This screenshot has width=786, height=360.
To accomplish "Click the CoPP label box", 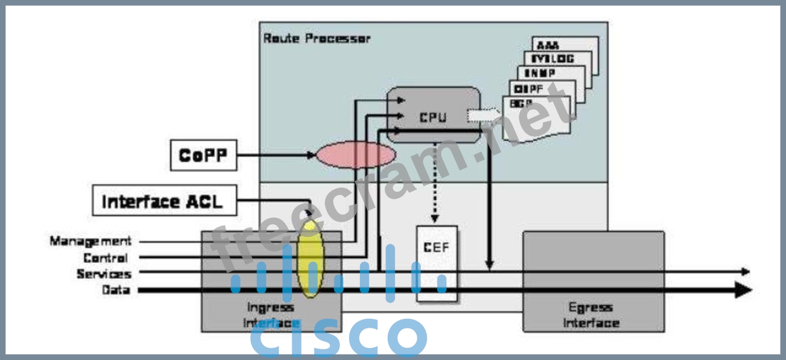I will click(203, 155).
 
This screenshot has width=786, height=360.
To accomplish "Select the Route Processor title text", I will click(316, 38).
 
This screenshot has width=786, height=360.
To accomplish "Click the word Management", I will click(91, 241).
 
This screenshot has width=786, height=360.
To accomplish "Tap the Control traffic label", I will click(106, 257).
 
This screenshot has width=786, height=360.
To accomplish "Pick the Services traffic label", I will click(104, 274).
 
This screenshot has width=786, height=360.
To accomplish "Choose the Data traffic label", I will click(116, 290).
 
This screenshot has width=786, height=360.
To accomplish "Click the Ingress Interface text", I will click(271, 315).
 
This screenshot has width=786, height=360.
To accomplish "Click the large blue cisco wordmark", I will click(339, 338).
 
